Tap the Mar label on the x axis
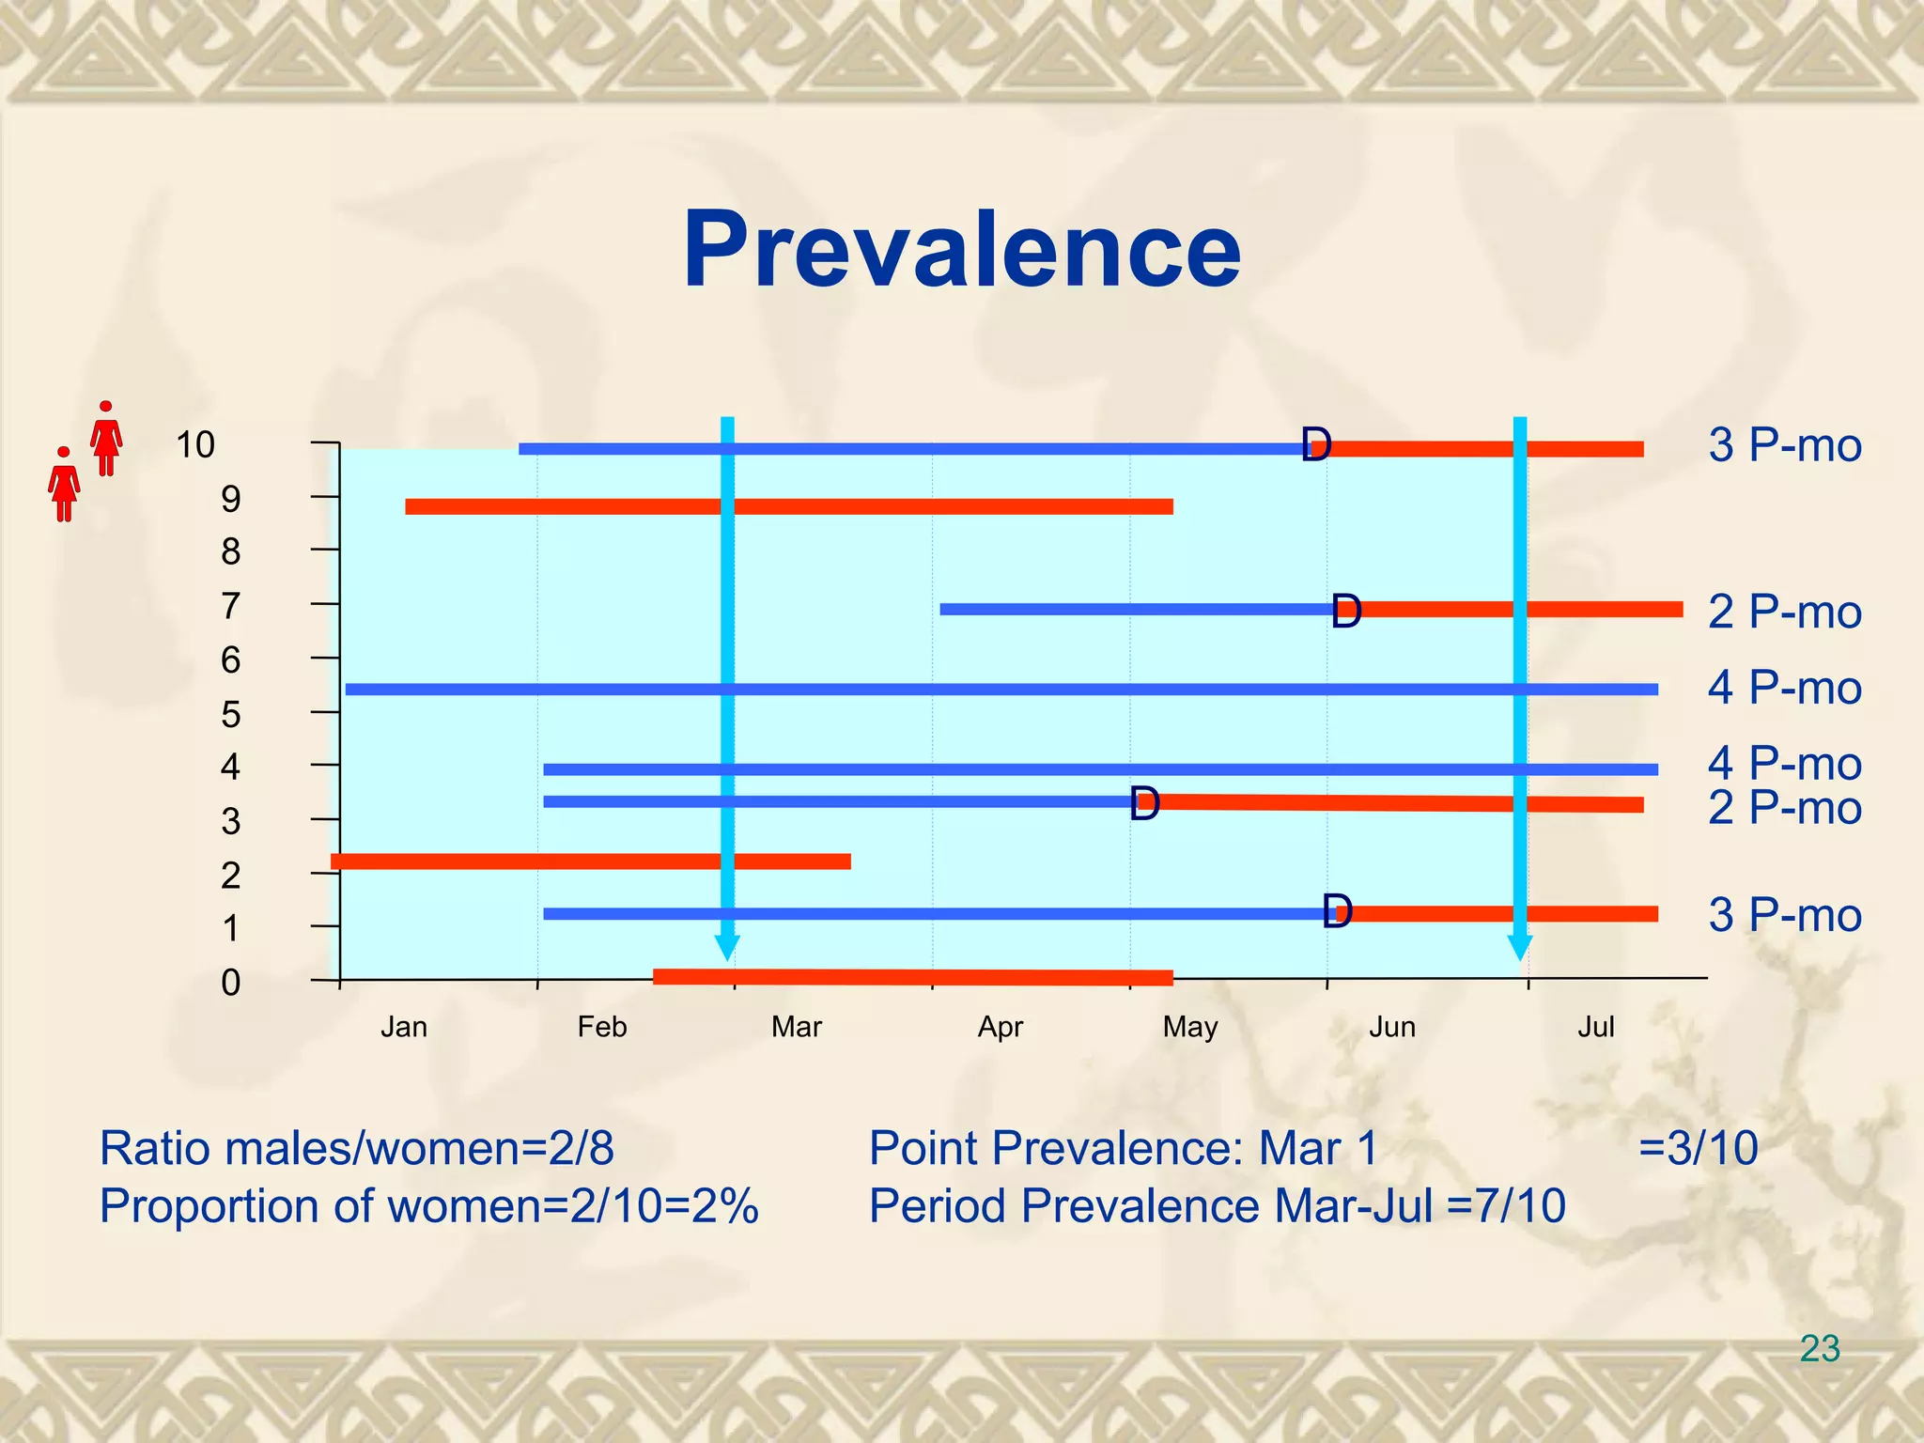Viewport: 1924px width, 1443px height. click(x=796, y=1027)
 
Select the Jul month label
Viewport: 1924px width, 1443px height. click(x=1595, y=1027)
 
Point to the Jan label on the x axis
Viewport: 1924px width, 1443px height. click(x=404, y=1027)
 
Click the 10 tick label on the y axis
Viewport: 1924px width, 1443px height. click(x=195, y=444)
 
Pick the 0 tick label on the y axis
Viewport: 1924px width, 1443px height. click(x=230, y=983)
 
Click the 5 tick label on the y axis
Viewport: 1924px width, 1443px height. click(x=230, y=715)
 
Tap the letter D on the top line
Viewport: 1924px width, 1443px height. click(x=1316, y=444)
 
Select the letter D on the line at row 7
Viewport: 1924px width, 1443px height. click(x=1346, y=612)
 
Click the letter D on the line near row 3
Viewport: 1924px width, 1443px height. click(x=1144, y=804)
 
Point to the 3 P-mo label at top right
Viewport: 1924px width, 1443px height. click(x=1784, y=445)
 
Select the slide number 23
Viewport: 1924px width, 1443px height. click(x=1819, y=1349)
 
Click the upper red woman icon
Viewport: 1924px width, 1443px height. click(x=106, y=439)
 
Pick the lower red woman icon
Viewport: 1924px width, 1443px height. click(x=64, y=485)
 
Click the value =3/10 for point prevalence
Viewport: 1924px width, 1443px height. click(x=1698, y=1148)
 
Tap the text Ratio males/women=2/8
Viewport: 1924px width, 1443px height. click(x=357, y=1148)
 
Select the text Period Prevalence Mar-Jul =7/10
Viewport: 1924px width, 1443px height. click(x=1217, y=1206)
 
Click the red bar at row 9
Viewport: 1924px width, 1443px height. click(x=789, y=507)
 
